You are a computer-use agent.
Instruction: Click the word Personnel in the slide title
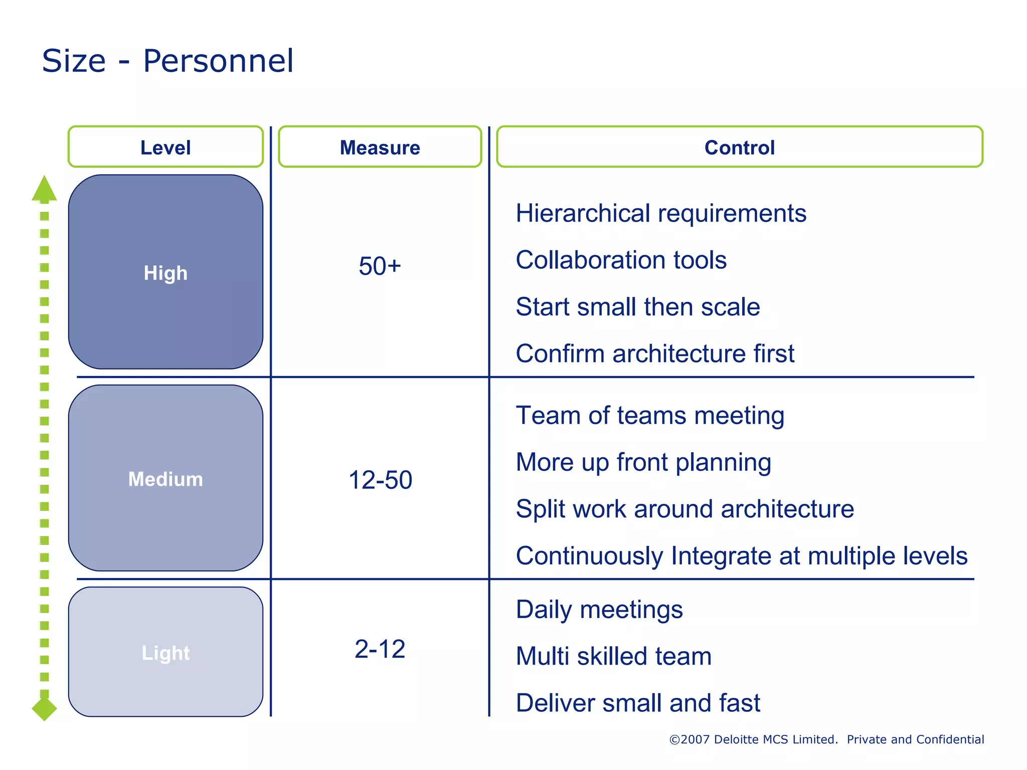coord(218,61)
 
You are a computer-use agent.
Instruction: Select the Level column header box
coord(165,147)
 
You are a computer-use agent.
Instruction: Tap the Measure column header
coord(380,147)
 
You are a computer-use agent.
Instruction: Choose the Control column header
coord(739,147)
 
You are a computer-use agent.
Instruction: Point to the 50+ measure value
coord(380,266)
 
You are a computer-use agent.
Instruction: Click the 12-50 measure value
coord(380,480)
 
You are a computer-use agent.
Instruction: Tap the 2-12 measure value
coord(380,649)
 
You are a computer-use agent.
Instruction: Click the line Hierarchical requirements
coord(660,214)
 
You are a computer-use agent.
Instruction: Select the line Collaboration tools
coord(621,260)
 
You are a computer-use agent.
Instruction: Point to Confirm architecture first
coord(654,353)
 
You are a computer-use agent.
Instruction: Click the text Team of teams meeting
coord(649,416)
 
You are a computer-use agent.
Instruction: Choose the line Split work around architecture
coord(684,509)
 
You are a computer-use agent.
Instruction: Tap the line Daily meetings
coord(599,610)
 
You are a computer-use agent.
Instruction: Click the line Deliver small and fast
coord(637,703)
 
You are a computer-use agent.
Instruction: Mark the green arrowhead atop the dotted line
coord(44,189)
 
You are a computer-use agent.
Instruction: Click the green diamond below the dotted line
coord(44,708)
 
